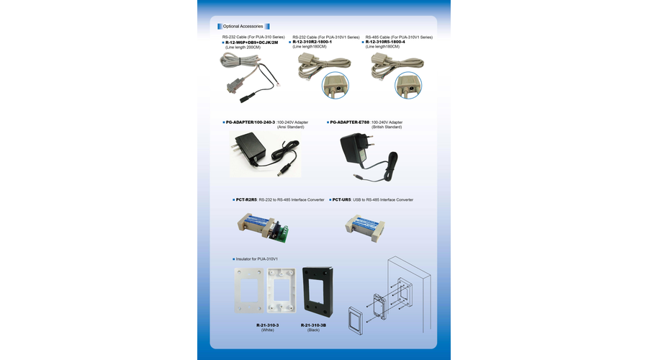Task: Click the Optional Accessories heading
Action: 243,27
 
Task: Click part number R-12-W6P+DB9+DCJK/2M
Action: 252,42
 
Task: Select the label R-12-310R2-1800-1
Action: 312,42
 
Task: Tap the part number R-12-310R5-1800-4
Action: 385,42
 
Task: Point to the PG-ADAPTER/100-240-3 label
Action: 251,122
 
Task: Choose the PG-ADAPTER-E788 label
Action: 350,122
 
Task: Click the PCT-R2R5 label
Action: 246,199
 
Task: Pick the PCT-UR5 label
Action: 341,199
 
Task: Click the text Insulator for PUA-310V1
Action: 256,259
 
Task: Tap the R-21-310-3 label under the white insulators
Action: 267,325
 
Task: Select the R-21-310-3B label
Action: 313,325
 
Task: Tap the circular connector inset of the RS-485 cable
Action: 408,86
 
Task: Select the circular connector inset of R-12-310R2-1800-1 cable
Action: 335,86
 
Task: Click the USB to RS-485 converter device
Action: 365,228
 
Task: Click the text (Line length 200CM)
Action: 243,47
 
